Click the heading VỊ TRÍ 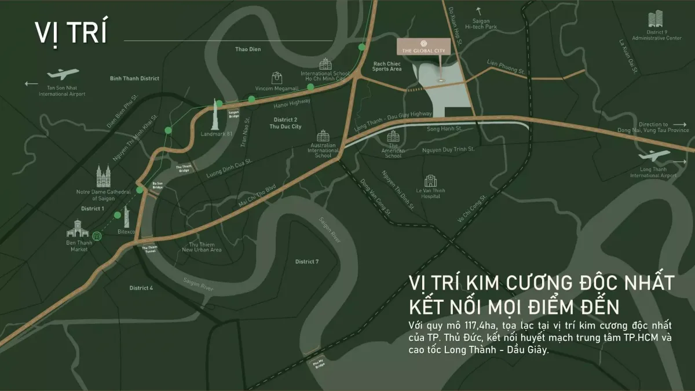pos(71,33)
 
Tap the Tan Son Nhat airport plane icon pos(63,75)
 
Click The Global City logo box pos(423,47)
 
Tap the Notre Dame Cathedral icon pos(104,175)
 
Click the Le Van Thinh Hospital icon pos(429,181)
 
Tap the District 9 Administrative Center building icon pos(657,19)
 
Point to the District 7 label pos(307,262)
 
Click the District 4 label pos(141,288)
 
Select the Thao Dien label pos(248,49)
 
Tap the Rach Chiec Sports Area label pos(387,66)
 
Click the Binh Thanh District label pos(134,78)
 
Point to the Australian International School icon pos(323,137)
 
